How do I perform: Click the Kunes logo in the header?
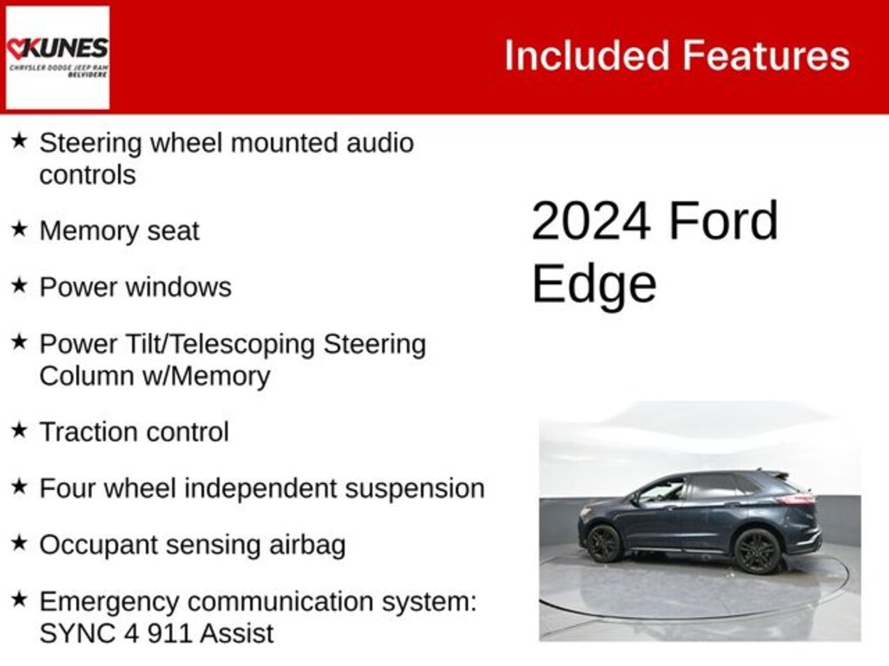click(x=57, y=56)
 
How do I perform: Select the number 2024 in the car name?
click(x=591, y=221)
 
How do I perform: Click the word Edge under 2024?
click(x=594, y=284)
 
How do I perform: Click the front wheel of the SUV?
click(x=604, y=544)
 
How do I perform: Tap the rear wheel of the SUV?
click(x=757, y=551)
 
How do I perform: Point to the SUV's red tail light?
click(x=796, y=499)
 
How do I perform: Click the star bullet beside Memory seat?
click(x=19, y=229)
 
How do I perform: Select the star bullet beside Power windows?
click(x=19, y=285)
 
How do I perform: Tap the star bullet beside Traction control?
click(x=19, y=429)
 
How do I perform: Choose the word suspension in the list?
click(x=414, y=488)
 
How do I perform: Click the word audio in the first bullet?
click(x=380, y=143)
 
